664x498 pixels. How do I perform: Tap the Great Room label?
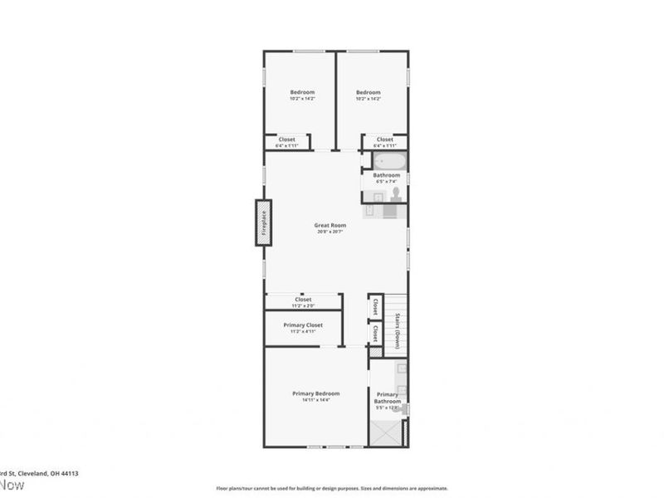click(330, 225)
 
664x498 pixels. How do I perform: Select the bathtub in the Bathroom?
click(387, 161)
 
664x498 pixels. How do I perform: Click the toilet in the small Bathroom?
click(396, 194)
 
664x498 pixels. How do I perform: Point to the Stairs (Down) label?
click(398, 330)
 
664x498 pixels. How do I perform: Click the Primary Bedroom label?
click(315, 393)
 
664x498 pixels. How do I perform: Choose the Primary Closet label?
click(303, 325)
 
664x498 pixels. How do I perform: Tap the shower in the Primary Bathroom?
click(385, 432)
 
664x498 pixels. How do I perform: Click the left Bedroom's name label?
click(301, 92)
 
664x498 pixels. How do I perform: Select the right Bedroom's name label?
click(368, 92)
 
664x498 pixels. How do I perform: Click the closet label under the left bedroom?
click(286, 139)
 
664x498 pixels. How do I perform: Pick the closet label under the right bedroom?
click(384, 139)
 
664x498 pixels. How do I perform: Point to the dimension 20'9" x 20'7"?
click(330, 232)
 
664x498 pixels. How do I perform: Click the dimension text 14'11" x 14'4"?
click(315, 400)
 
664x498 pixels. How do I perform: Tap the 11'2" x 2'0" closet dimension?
click(302, 305)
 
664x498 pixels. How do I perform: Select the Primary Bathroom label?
click(388, 398)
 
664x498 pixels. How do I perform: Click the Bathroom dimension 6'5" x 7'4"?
click(387, 182)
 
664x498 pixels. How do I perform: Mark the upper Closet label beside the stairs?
click(375, 307)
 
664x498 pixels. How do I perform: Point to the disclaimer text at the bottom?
click(332, 488)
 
